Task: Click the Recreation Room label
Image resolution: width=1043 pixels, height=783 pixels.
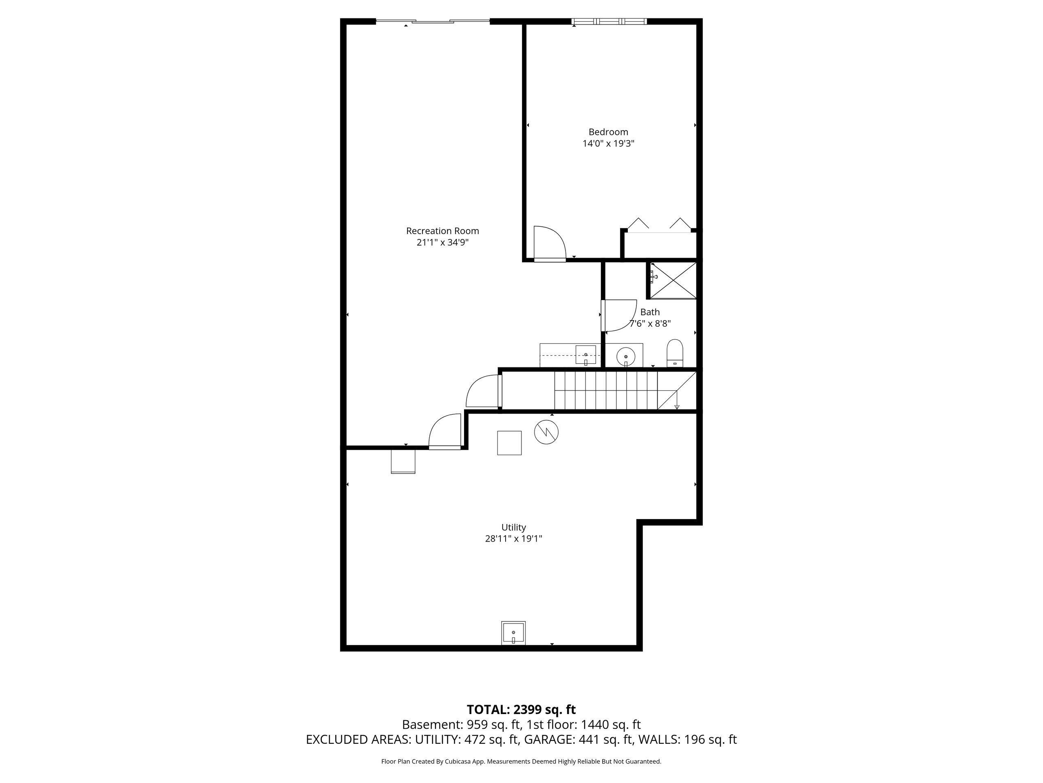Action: pos(442,231)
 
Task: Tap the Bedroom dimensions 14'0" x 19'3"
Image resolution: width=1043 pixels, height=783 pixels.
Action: pos(608,144)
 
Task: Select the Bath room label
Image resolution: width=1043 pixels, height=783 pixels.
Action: pos(650,312)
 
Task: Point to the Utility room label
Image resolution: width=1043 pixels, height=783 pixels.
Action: pos(513,527)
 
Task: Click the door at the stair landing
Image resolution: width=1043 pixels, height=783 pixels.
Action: pos(483,391)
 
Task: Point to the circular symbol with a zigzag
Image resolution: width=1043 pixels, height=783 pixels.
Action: pos(546,432)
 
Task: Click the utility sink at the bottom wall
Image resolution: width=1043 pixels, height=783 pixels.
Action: pos(513,633)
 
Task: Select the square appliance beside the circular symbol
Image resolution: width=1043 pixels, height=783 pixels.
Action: pos(509,443)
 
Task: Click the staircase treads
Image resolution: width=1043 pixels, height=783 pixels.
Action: pos(606,390)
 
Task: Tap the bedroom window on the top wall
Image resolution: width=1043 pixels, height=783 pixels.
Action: pos(609,21)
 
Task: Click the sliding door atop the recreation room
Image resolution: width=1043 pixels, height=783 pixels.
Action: pos(432,21)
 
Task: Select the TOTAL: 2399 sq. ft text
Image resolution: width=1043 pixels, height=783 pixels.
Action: pos(521,709)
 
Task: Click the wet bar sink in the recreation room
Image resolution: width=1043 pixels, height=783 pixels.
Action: pos(585,354)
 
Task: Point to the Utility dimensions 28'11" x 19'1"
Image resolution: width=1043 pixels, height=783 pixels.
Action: pos(513,539)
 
